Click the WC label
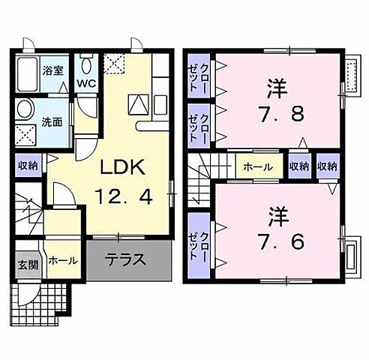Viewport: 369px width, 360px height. [x=87, y=82]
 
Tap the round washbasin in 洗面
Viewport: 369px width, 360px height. [x=25, y=109]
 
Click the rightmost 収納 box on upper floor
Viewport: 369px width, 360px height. [x=327, y=166]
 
